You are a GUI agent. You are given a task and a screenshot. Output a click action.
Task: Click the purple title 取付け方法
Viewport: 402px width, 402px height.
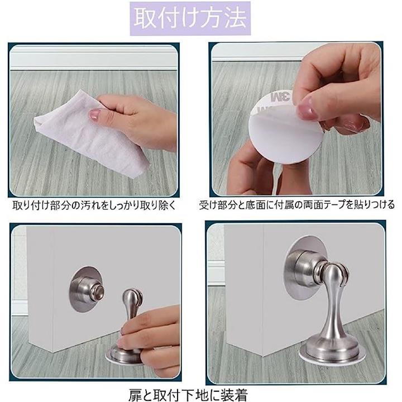point(190,18)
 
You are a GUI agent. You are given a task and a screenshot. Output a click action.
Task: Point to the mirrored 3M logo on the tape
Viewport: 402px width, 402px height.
point(280,97)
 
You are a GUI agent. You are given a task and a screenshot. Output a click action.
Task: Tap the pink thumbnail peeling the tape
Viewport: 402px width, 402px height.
point(307,108)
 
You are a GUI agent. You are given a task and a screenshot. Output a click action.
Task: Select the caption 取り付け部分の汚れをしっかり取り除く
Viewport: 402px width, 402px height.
point(94,205)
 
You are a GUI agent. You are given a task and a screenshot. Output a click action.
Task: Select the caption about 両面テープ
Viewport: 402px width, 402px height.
point(296,205)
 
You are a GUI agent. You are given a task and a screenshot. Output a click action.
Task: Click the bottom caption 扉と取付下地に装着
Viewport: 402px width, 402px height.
point(188,394)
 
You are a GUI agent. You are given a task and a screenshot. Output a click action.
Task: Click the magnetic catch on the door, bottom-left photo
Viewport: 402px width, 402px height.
point(87,290)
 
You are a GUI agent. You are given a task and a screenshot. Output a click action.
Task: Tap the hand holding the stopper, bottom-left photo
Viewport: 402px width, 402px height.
point(151,341)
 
